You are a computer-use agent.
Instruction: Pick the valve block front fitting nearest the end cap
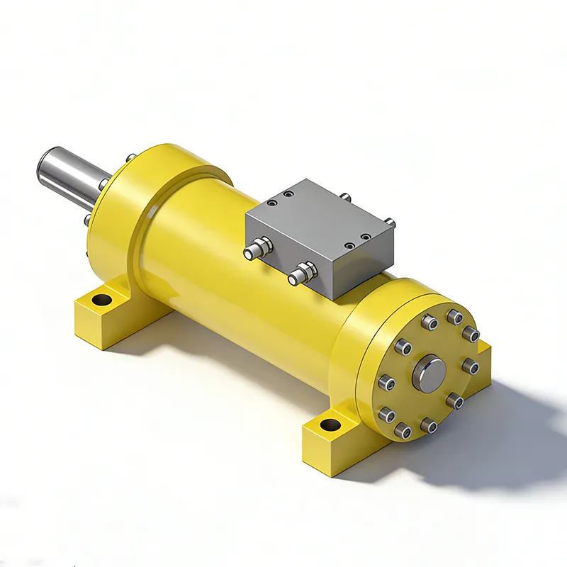tap(303, 270)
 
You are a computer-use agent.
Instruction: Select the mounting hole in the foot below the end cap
tap(330, 426)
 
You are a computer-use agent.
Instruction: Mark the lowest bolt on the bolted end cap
tap(403, 430)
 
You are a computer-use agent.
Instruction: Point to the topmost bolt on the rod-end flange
tap(130, 157)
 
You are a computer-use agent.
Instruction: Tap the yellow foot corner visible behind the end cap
tap(485, 348)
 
